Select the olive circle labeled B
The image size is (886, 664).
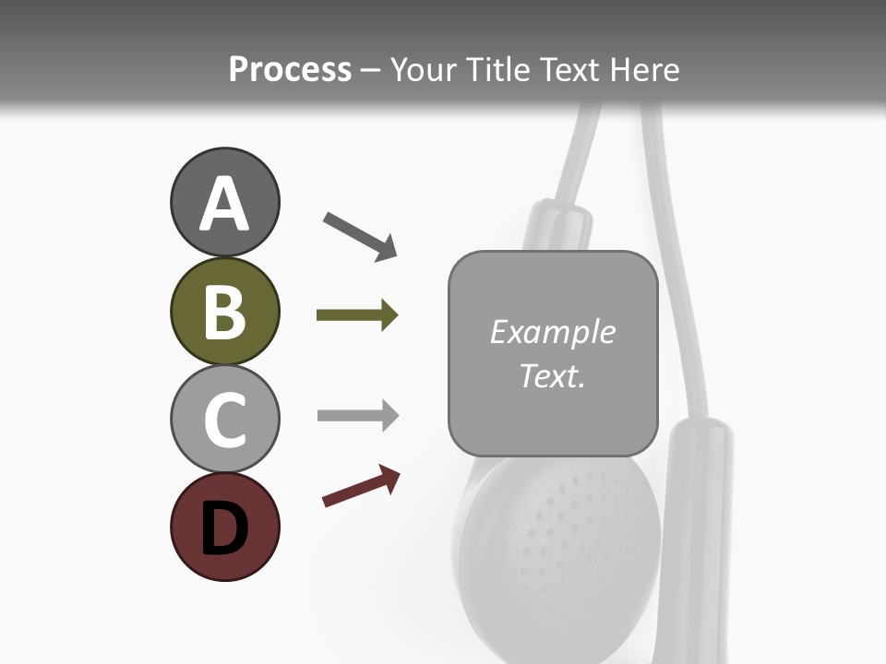(x=224, y=312)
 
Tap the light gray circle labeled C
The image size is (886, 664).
(x=224, y=420)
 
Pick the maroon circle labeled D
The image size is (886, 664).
(x=224, y=528)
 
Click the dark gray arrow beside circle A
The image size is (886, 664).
(x=360, y=235)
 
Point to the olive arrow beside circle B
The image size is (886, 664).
(x=356, y=315)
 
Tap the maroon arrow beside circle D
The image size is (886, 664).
(x=361, y=486)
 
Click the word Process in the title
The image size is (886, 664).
(x=290, y=70)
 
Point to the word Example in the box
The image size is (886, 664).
(x=552, y=332)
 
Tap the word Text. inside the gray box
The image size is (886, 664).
(x=552, y=376)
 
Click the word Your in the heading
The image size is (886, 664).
(x=424, y=70)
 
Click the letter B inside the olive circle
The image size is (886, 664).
(x=224, y=312)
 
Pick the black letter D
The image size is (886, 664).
(x=224, y=529)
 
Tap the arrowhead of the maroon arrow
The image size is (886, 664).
(x=389, y=478)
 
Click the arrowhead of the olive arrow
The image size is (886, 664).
(x=389, y=315)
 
